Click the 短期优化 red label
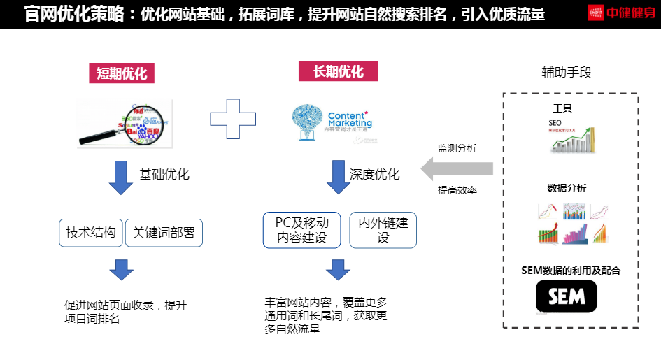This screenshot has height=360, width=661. tap(122, 73)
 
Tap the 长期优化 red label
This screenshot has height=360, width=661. tap(338, 71)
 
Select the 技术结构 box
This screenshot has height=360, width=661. tap(91, 233)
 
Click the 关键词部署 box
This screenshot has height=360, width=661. tap(164, 233)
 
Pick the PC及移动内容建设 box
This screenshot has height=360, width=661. tap(302, 230)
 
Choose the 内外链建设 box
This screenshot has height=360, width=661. tap(383, 230)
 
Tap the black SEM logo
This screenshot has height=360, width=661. tap(566, 296)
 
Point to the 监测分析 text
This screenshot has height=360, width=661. tap(457, 148)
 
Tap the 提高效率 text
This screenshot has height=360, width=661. tap(457, 189)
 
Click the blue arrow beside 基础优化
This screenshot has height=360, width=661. tap(120, 178)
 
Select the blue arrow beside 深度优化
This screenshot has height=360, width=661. tap(339, 178)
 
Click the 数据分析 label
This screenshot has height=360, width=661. tap(567, 188)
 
